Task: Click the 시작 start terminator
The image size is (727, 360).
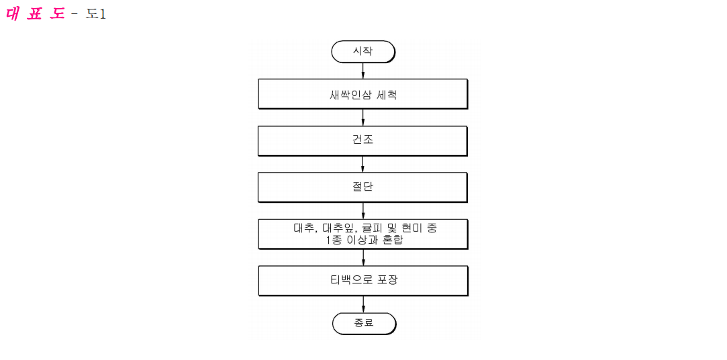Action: coord(363,52)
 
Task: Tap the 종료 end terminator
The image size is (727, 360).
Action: coord(364,323)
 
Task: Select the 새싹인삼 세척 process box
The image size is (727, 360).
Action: coord(362,94)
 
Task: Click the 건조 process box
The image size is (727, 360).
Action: coord(362,140)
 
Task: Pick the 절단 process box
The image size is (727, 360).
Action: coord(362,187)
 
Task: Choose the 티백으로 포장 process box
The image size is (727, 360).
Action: coord(363,281)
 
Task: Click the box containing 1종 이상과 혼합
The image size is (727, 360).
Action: coord(363,234)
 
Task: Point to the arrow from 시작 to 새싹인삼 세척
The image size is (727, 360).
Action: coord(362,71)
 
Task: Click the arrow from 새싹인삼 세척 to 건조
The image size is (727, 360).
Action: coord(362,118)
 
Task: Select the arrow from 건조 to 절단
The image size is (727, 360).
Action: coord(362,165)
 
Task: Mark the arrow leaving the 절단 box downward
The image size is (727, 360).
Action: coord(363,211)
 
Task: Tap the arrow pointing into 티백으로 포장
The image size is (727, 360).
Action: coord(363,257)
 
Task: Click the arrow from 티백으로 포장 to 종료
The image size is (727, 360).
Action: coord(364,304)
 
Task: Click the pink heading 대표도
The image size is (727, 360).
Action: coord(35,14)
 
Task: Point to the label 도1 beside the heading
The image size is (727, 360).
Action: coord(95,14)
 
